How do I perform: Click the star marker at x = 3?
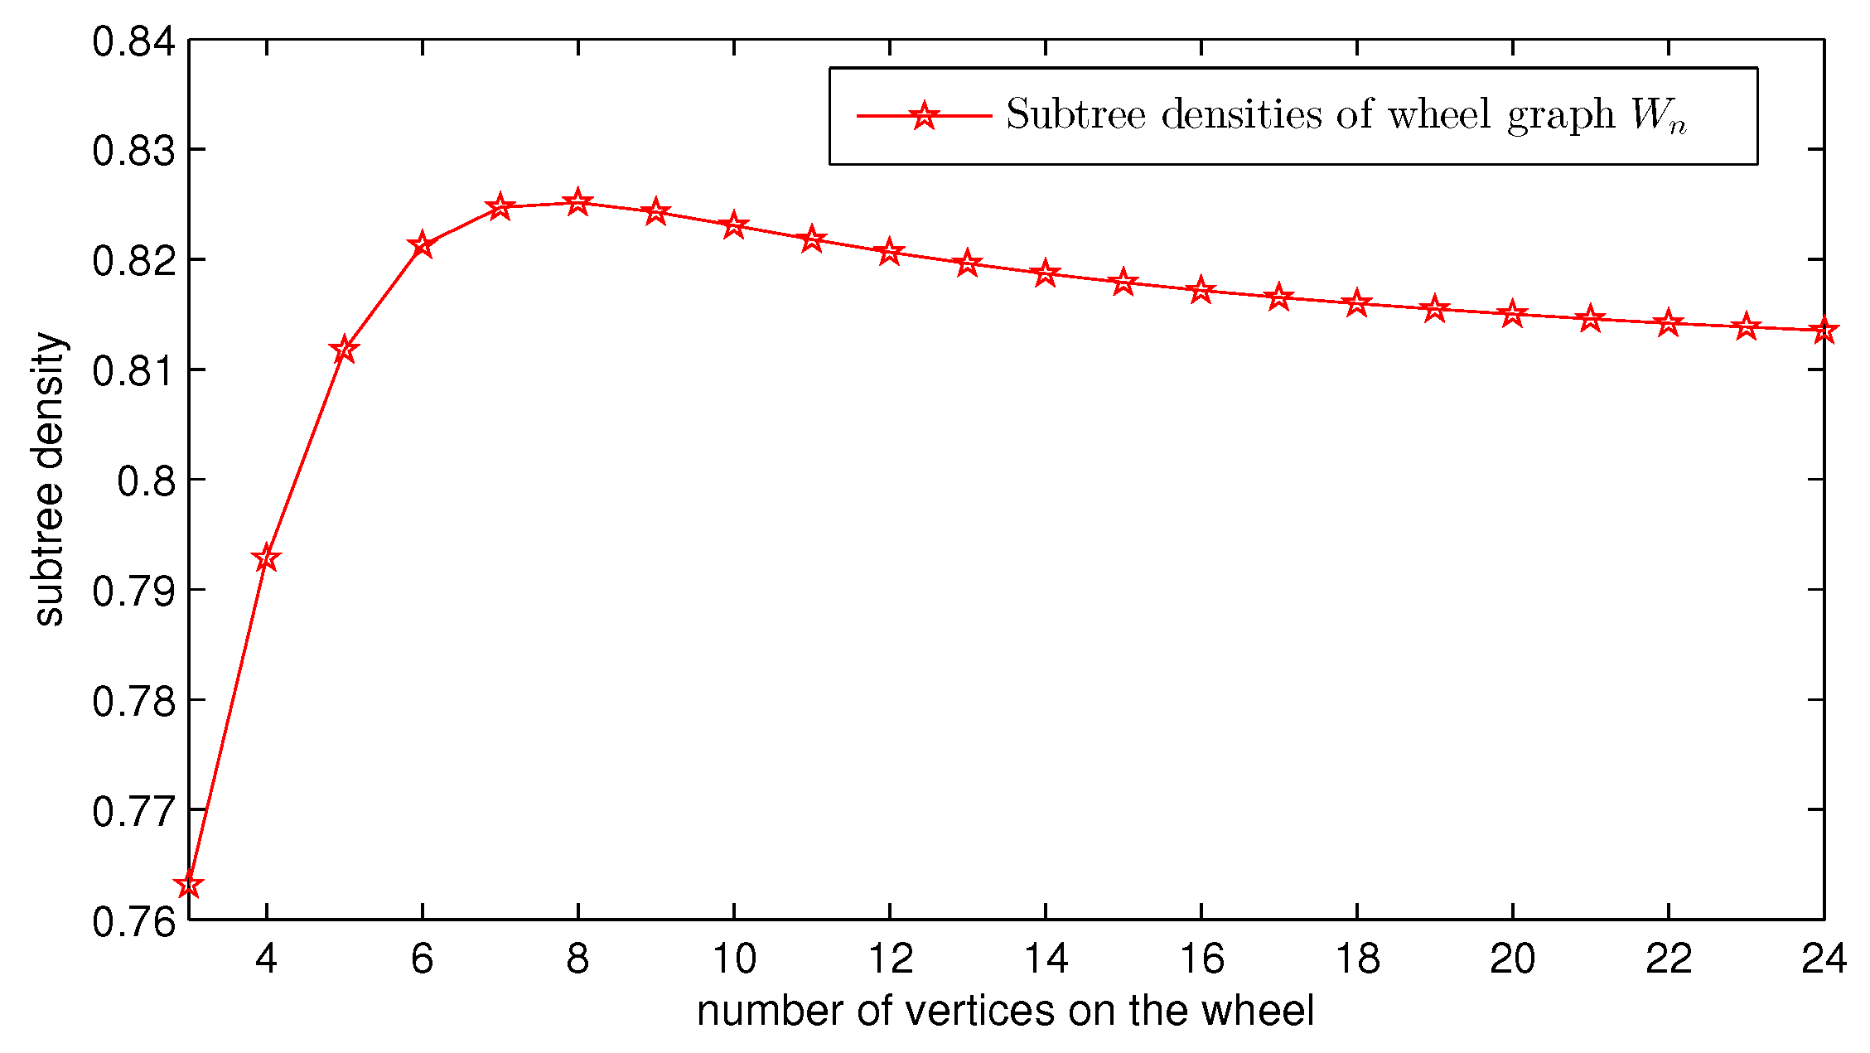pos(189,885)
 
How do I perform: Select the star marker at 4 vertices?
pos(266,558)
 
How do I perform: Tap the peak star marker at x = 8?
pos(578,202)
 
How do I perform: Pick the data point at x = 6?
pos(422,244)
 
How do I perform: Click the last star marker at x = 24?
pos(1824,331)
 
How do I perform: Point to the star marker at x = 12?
pos(890,251)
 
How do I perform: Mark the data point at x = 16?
pos(1201,290)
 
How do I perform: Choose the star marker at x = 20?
pos(1513,314)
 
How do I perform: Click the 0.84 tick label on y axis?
pos(134,41)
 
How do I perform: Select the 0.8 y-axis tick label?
pos(147,481)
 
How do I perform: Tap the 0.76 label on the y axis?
pos(134,921)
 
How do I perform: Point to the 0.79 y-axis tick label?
pos(134,592)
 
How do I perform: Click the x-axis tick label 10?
pos(734,959)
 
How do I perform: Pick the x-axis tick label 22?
pos(1668,959)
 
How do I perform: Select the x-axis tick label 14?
pos(1046,959)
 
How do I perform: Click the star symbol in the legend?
pos(924,116)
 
